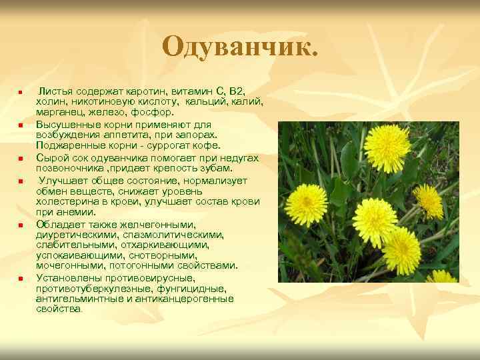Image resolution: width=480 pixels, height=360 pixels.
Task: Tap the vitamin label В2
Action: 237,90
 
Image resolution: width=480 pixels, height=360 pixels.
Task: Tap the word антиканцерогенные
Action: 193,299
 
